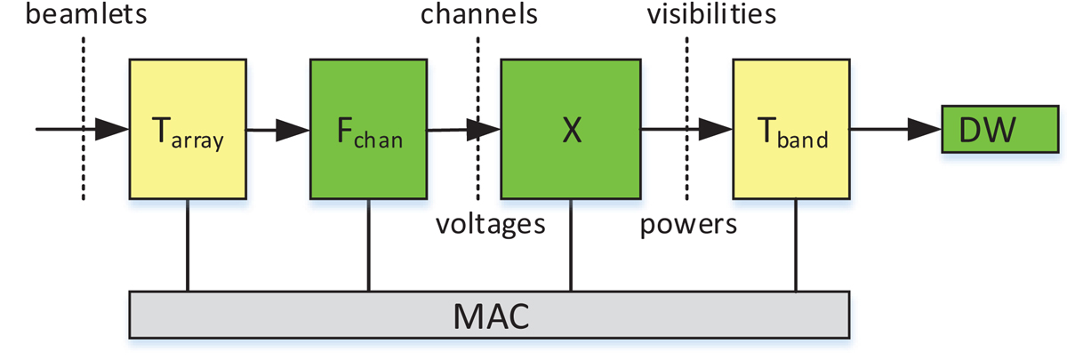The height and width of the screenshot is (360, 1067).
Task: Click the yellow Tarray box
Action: [x=187, y=130]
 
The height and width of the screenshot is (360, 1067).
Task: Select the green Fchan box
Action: [x=369, y=130]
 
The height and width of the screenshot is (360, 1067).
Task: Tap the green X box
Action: [x=571, y=130]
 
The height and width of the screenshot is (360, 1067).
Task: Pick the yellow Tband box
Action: [x=795, y=130]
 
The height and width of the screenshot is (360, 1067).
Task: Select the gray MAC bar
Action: [x=489, y=315]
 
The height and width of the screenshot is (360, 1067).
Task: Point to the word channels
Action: [x=479, y=14]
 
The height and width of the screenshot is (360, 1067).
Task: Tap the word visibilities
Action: [x=711, y=14]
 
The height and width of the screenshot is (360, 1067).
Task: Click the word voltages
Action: [x=490, y=224]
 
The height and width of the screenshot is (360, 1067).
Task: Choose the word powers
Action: [x=689, y=224]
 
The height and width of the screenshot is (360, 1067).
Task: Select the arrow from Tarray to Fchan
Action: [x=277, y=130]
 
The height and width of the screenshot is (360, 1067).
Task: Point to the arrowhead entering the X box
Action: [x=484, y=130]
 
